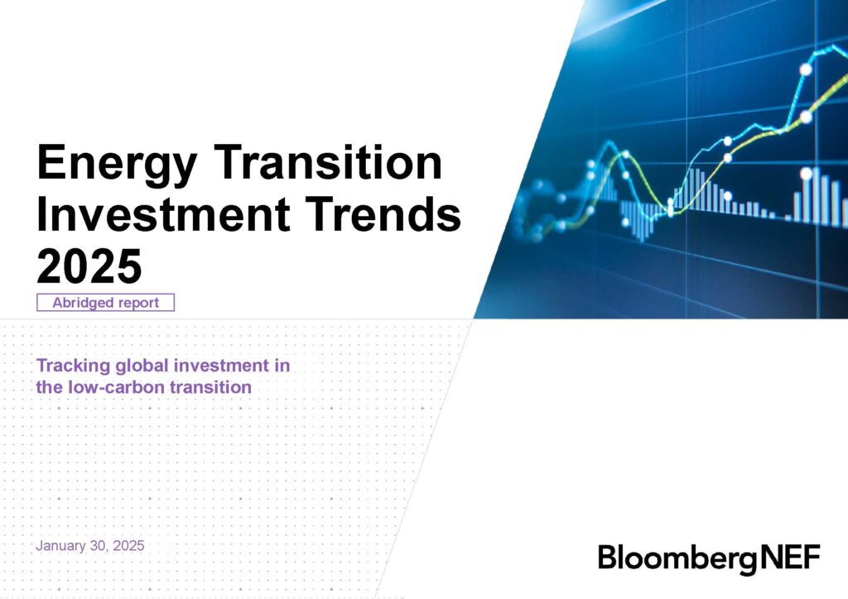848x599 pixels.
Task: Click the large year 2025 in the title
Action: [x=89, y=266]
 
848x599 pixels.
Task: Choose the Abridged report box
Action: [x=106, y=303]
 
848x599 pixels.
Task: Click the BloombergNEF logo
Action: [x=709, y=558]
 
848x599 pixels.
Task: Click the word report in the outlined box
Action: [x=138, y=303]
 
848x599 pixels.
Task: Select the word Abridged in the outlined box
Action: [x=84, y=303]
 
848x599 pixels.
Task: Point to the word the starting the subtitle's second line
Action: [x=49, y=386]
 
